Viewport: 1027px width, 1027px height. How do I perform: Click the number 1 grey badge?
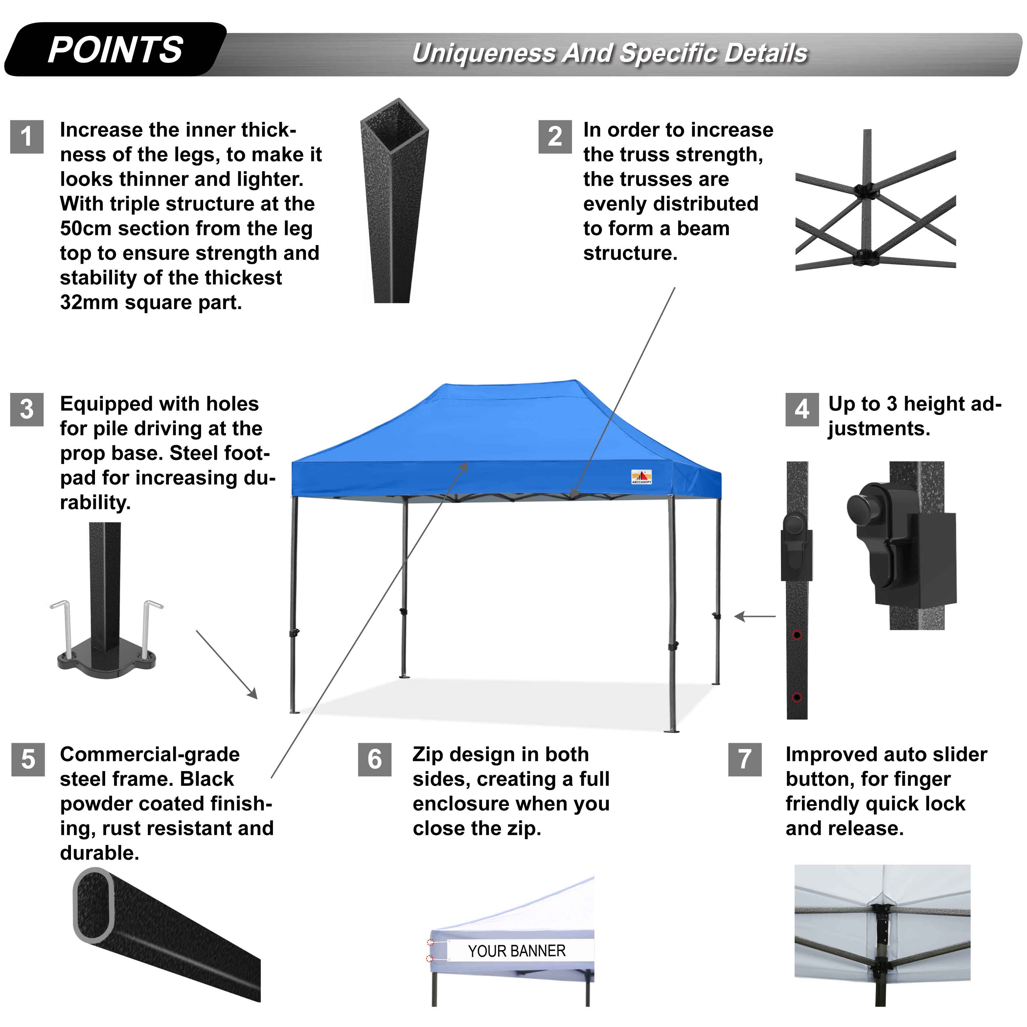tap(27, 137)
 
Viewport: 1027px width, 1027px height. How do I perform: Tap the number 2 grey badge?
tap(555, 137)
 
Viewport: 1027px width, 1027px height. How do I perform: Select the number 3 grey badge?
tap(27, 409)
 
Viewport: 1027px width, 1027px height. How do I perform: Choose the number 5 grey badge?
tap(28, 759)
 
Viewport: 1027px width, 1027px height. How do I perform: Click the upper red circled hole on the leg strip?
tap(797, 635)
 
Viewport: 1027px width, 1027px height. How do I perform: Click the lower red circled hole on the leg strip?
tap(797, 697)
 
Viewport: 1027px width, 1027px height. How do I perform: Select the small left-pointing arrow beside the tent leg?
tap(755, 617)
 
